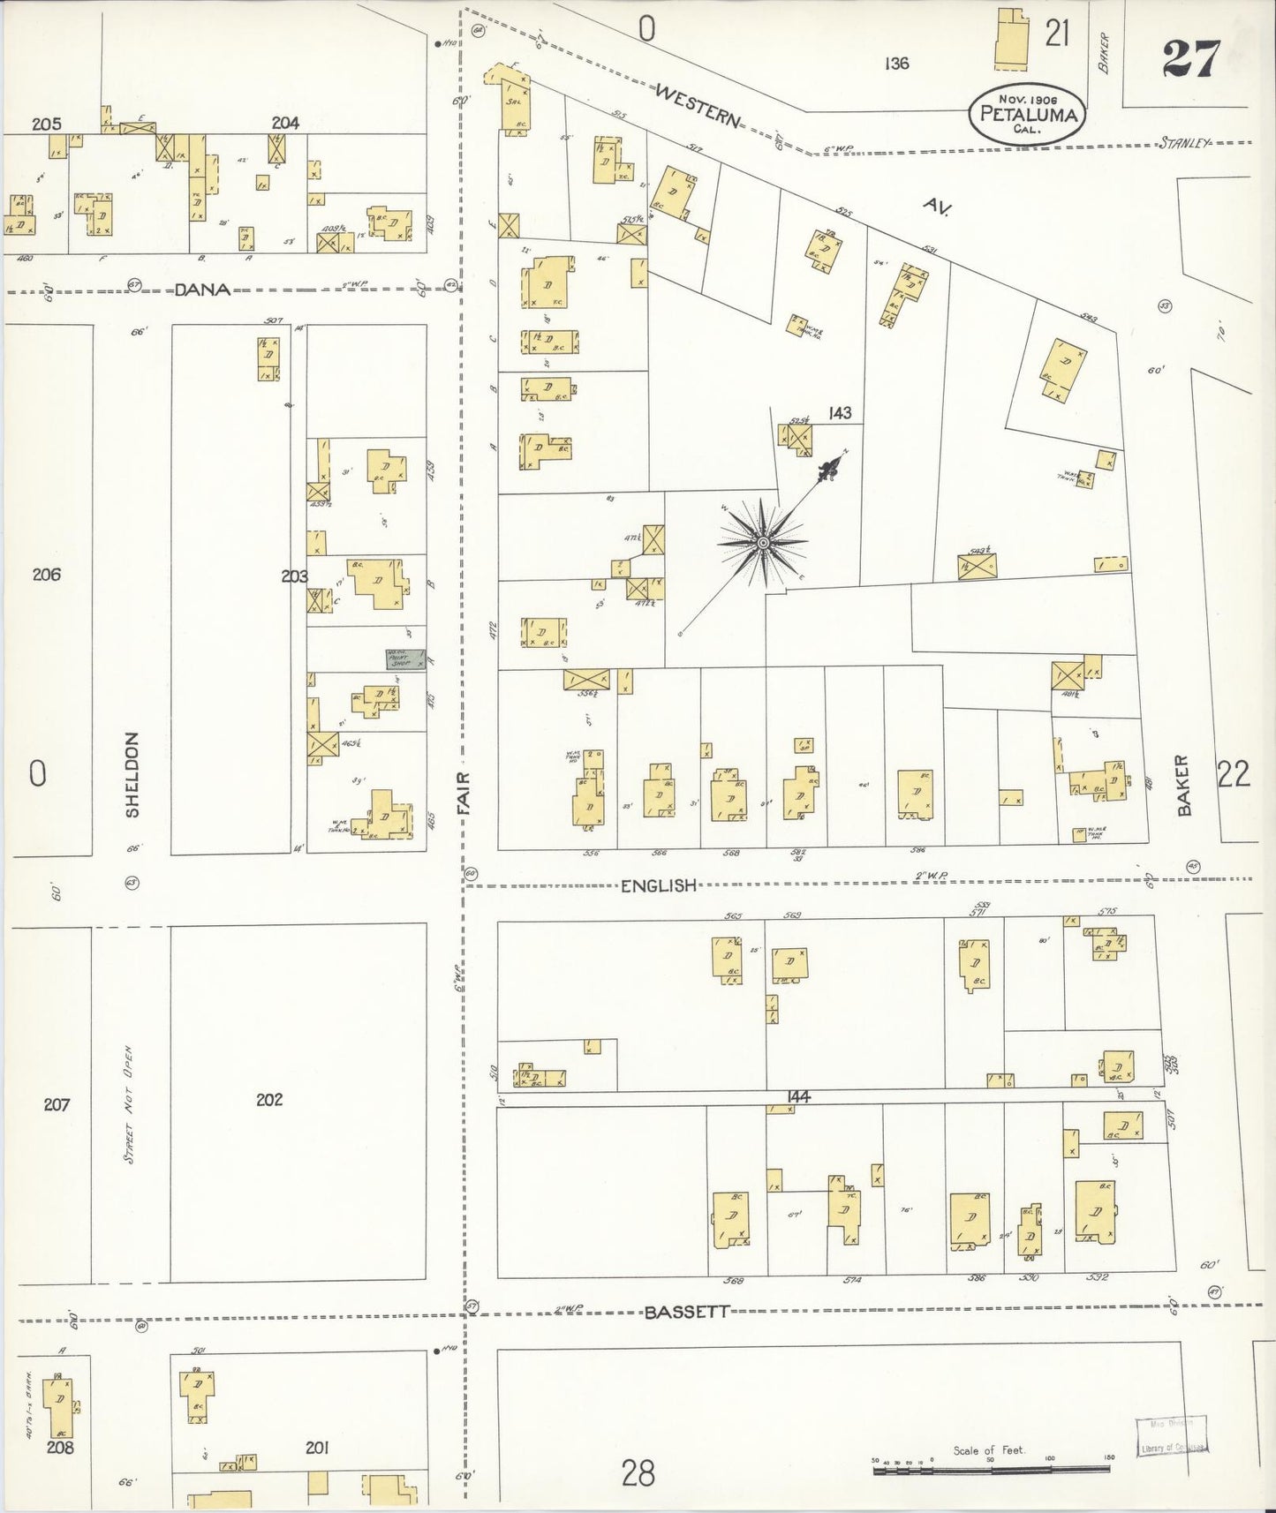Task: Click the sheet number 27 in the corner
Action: pos(1190,59)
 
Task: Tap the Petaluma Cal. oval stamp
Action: pos(1026,113)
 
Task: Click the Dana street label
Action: pos(202,289)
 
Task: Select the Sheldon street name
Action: pos(132,774)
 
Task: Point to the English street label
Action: pos(659,885)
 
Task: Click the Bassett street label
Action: pos(686,1312)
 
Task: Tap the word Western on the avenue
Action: pos(698,104)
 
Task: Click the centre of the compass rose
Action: pos(762,543)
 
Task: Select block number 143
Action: pos(840,412)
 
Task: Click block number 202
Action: pos(269,1099)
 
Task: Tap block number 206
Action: pos(46,575)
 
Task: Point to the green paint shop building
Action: pos(405,659)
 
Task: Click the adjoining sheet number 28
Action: pos(638,1472)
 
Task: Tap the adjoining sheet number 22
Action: pos(1234,774)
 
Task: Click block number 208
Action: pos(61,1448)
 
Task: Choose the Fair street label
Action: pos(464,793)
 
